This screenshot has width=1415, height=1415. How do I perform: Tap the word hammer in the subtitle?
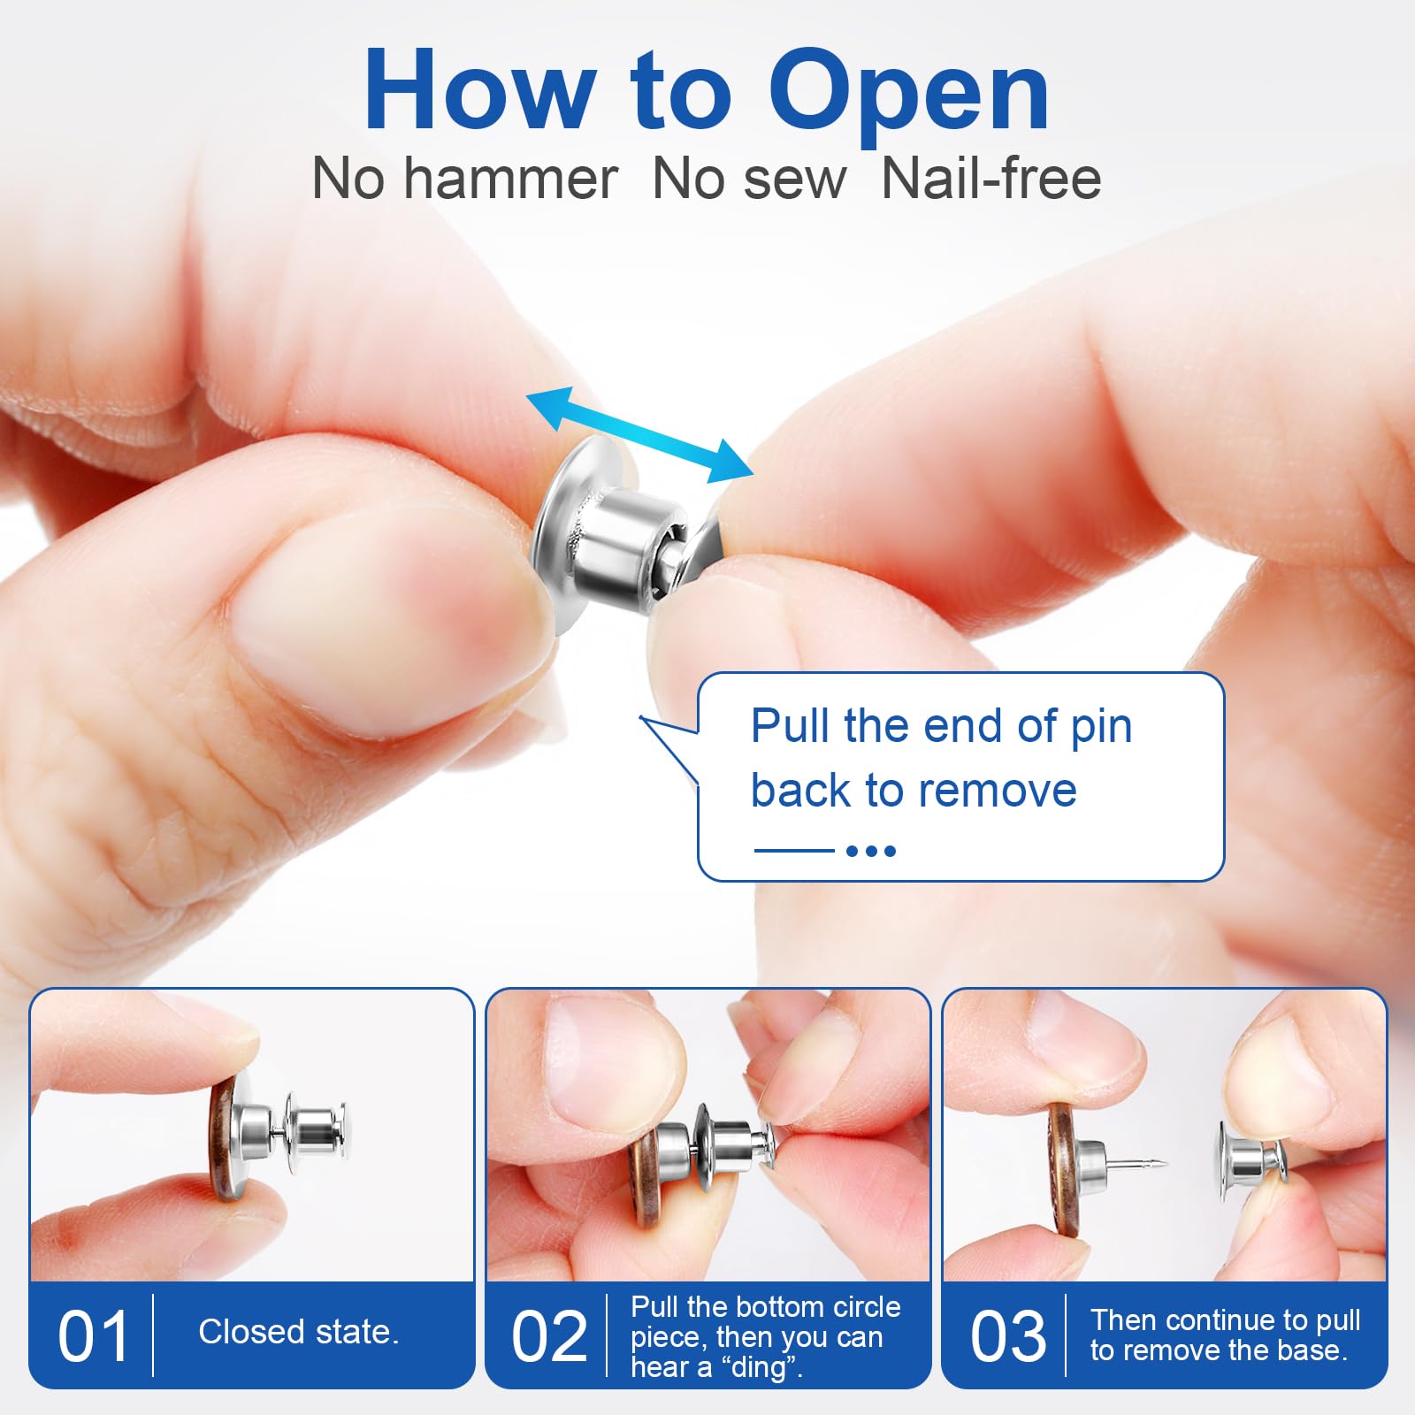(511, 180)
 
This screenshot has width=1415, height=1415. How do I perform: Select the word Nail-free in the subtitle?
(991, 180)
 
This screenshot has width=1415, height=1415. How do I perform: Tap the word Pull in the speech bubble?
(790, 727)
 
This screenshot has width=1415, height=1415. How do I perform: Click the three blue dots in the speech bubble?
(871, 851)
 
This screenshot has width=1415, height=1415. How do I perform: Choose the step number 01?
(93, 1336)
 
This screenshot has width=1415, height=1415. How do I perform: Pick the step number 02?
(549, 1336)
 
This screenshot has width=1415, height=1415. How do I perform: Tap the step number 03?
(1007, 1336)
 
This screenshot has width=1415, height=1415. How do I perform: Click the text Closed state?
(299, 1332)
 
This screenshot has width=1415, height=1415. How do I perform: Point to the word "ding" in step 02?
(759, 1367)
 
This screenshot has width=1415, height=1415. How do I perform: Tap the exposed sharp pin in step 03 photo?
(1141, 1164)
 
